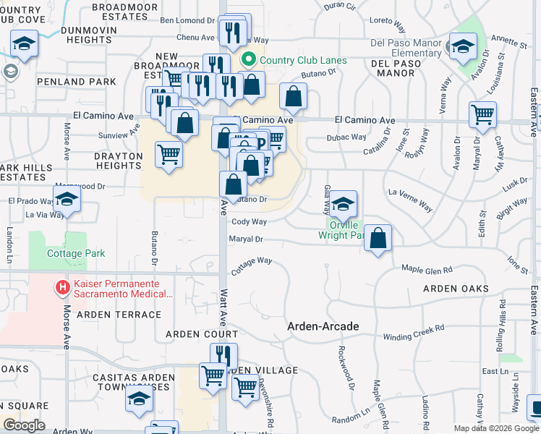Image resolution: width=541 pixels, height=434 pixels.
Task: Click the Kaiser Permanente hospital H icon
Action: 63,288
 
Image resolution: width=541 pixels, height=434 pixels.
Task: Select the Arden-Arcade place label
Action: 323,326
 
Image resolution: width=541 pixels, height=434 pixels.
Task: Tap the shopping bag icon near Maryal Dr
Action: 378,238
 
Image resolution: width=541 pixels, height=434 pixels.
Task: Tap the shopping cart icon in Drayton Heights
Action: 169,153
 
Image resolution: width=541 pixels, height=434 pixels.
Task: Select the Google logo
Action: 23,425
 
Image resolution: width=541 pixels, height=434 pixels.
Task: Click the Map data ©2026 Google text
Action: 496,428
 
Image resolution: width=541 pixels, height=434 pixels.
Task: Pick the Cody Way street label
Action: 250,222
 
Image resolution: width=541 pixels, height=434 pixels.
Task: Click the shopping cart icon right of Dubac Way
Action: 482,114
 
